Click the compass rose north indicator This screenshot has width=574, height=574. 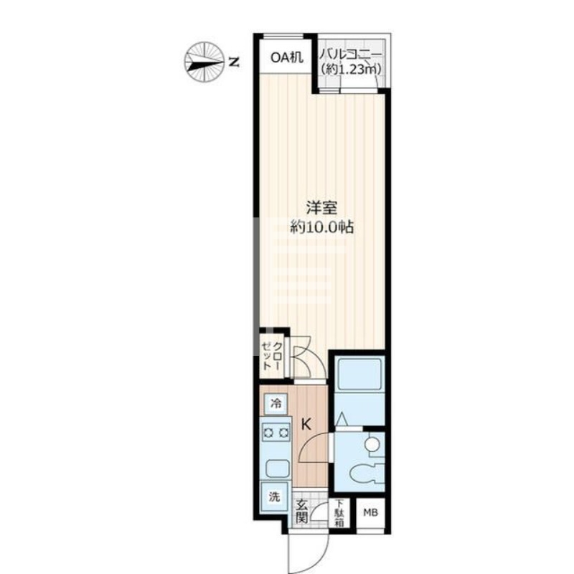[204, 61]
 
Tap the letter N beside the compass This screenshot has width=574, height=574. [233, 62]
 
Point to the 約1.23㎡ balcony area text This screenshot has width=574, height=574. [352, 69]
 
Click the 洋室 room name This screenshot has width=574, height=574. [319, 209]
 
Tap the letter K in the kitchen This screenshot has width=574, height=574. [306, 424]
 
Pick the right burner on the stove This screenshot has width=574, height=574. [283, 433]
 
